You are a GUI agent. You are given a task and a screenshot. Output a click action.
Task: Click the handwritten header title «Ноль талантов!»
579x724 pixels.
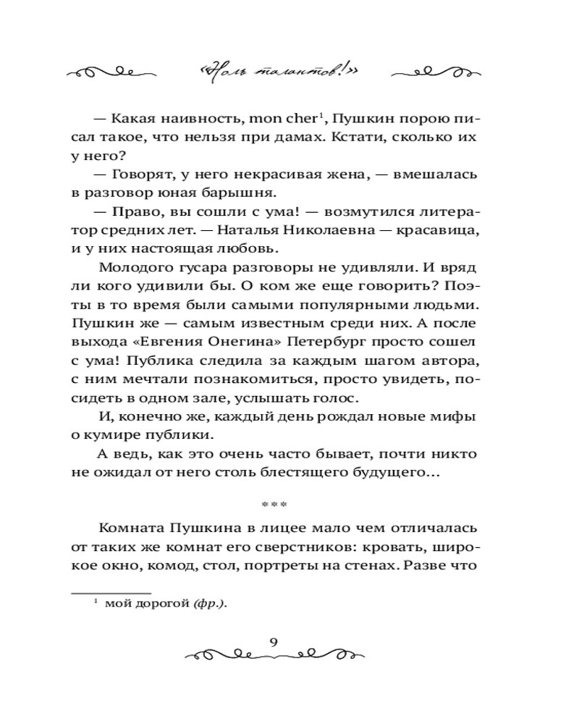(x=289, y=71)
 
